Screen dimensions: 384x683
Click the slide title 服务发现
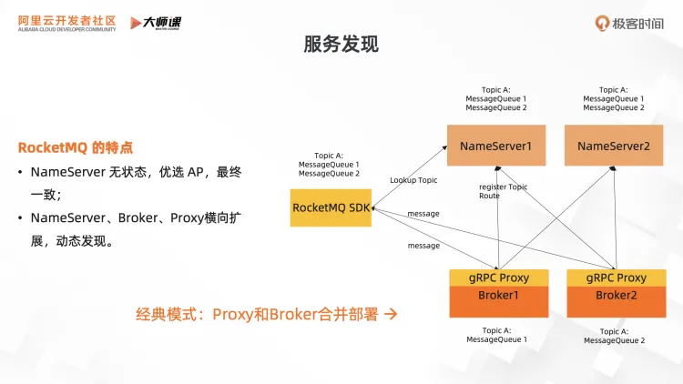(x=341, y=44)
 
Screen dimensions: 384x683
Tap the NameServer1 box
(x=495, y=146)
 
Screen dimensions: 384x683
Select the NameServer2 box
(x=613, y=146)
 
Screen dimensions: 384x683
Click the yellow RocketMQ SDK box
(x=331, y=207)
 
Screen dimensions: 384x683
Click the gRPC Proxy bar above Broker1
(x=497, y=278)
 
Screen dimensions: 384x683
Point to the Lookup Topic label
(x=413, y=180)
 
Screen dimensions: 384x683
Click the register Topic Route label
(x=503, y=191)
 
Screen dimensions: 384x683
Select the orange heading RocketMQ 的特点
(x=76, y=147)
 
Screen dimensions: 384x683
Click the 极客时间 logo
(x=631, y=23)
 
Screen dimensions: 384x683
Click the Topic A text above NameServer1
(x=495, y=90)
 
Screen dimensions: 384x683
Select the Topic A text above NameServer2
(x=613, y=90)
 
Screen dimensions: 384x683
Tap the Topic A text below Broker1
(x=495, y=331)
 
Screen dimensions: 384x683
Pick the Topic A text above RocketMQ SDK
(x=329, y=156)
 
